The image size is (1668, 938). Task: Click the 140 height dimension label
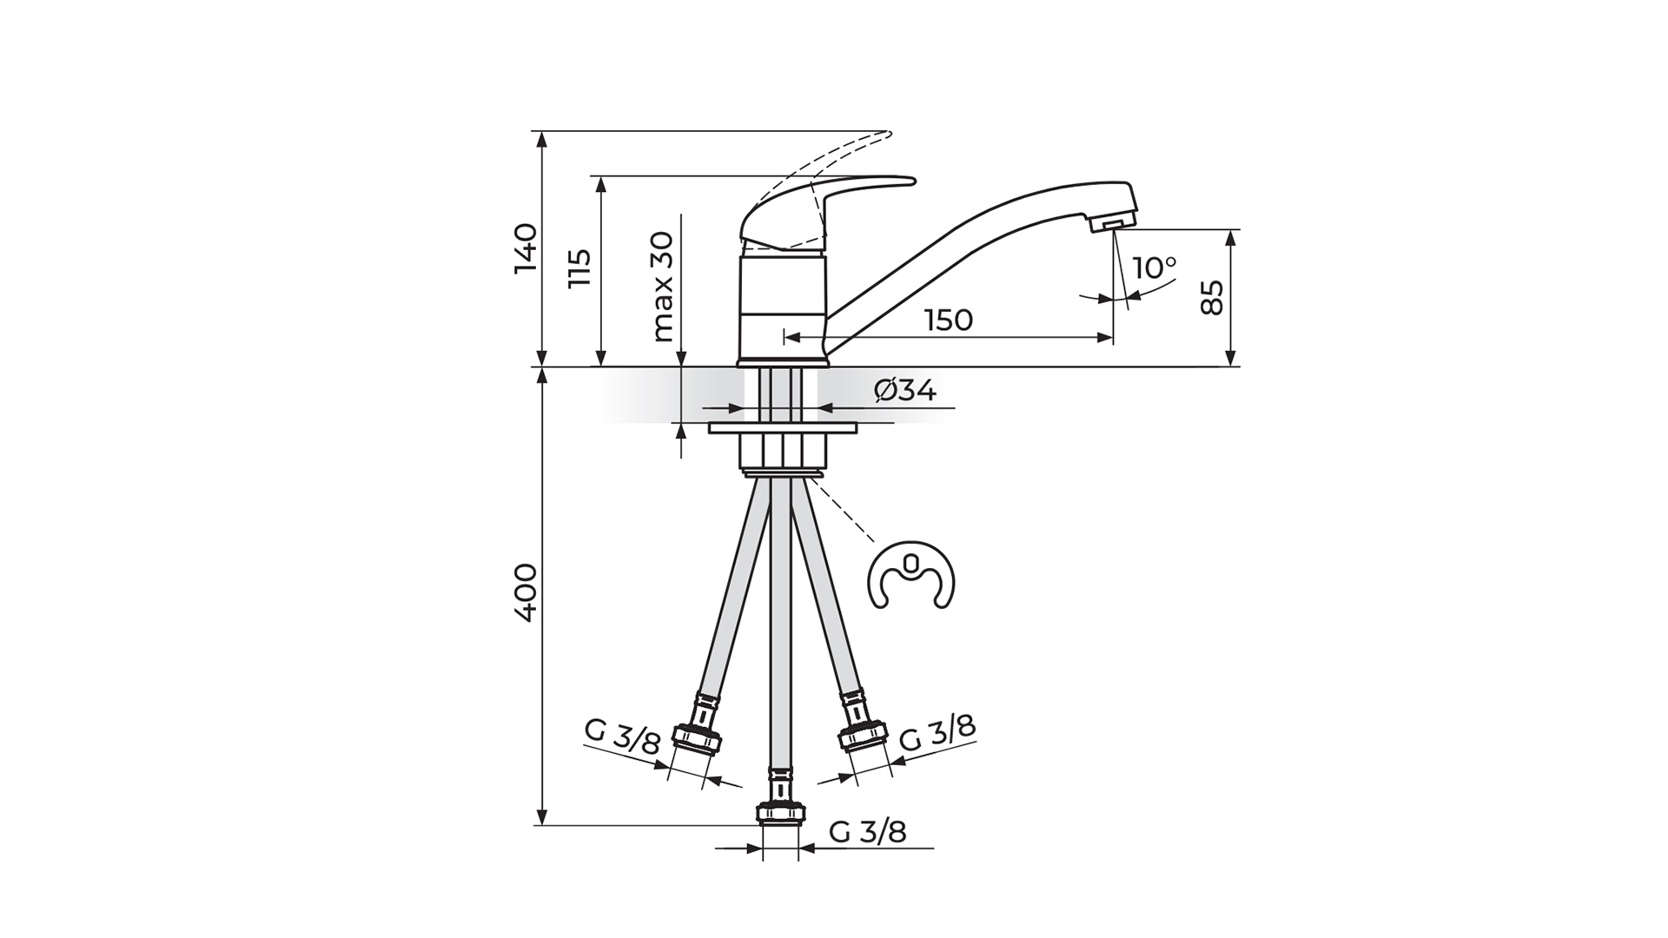click(x=526, y=249)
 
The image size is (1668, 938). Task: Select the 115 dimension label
click(x=579, y=268)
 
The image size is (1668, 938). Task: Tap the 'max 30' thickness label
click(x=662, y=286)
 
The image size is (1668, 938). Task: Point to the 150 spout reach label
click(x=949, y=320)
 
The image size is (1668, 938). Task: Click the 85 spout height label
click(x=1212, y=298)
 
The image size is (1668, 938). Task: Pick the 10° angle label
click(x=1155, y=268)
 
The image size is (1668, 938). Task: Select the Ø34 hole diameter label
click(x=905, y=391)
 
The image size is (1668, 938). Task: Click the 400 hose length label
click(x=526, y=592)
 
